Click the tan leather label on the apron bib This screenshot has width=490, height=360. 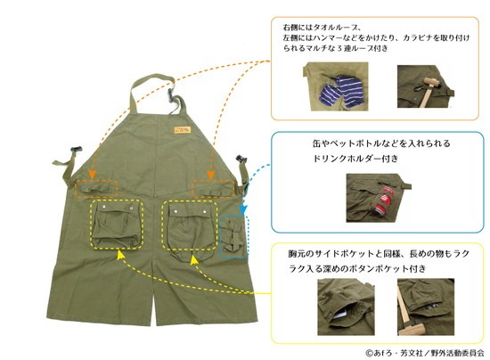tap(183, 130)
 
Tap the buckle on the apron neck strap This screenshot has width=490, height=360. tap(171, 94)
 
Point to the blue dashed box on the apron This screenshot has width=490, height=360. tap(234, 236)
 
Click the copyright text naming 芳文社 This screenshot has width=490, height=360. tap(425, 353)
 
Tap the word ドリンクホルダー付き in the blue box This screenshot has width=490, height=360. tap(355, 159)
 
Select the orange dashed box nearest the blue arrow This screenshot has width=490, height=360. tap(213, 188)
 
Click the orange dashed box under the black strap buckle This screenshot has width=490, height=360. tap(96, 189)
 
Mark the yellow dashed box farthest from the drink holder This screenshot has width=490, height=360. tap(117, 225)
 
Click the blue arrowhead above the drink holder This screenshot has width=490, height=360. tap(243, 209)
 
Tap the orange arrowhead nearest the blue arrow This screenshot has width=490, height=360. tap(211, 175)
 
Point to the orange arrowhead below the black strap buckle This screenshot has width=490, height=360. tap(92, 175)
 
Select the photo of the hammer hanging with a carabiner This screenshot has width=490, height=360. tap(426, 86)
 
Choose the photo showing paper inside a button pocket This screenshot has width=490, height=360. tap(346, 307)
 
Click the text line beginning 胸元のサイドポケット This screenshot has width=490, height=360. tap(379, 254)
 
